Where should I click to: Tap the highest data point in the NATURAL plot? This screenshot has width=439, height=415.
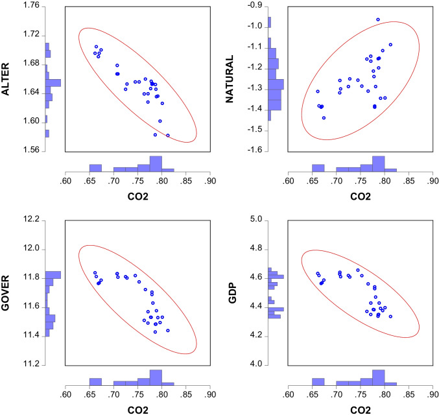(x=378, y=19)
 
